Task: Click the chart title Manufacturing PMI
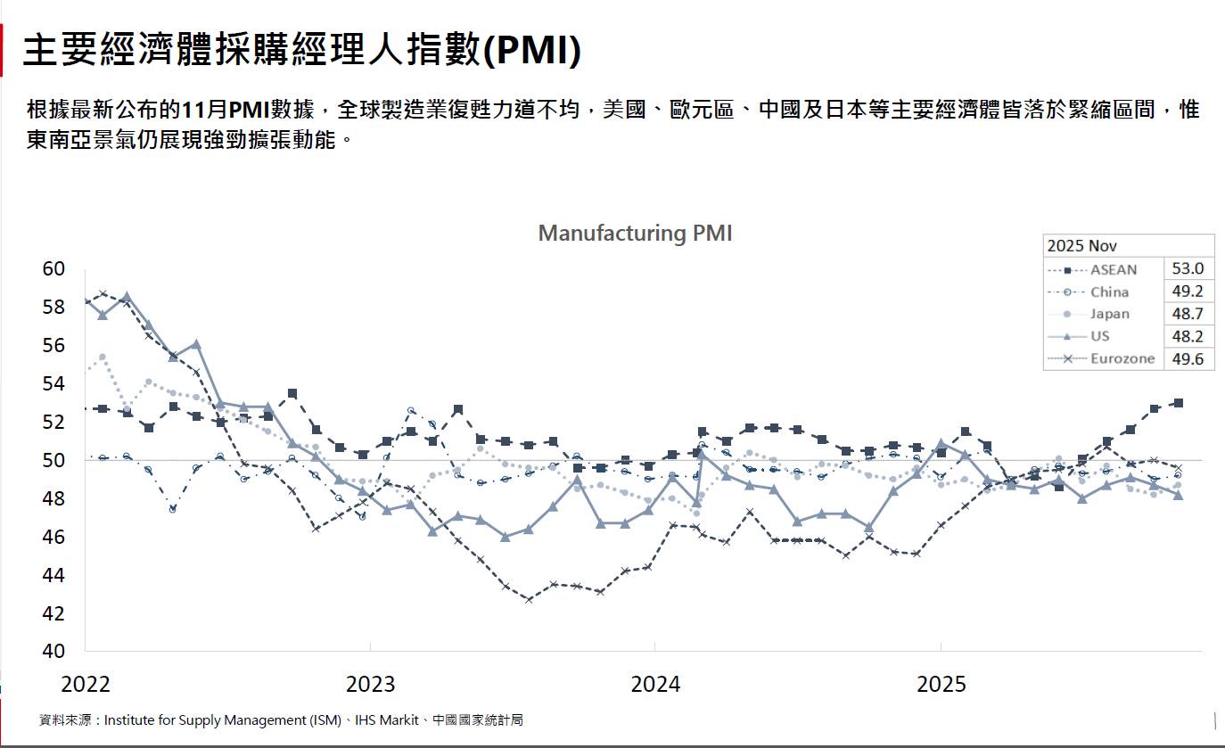pos(635,234)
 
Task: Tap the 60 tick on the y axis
pos(54,269)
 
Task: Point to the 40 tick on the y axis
pos(54,651)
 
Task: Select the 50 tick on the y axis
pos(54,460)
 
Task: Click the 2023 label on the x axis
pos(370,685)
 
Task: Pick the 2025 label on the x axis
pos(941,685)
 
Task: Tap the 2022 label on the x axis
pos(86,685)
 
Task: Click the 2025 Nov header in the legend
pos(1081,246)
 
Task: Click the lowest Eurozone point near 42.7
pos(529,599)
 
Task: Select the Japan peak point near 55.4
pos(103,357)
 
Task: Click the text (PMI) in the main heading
pos(532,51)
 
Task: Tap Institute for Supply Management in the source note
pos(223,719)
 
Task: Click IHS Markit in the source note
pos(386,719)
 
